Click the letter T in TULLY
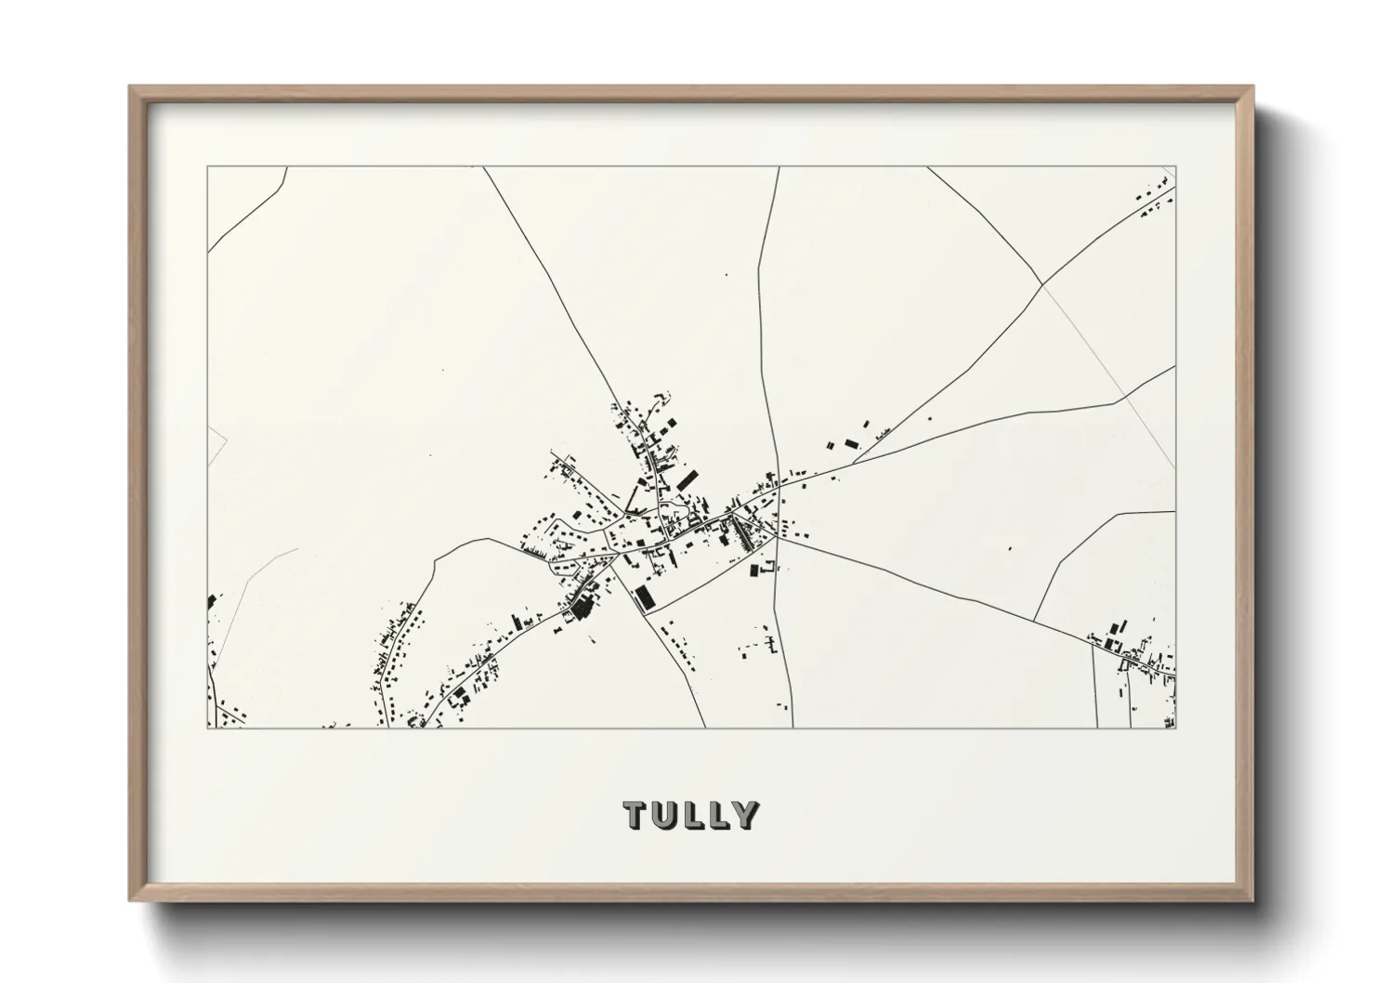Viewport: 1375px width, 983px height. coord(637,815)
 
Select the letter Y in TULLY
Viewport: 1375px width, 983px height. coord(743,815)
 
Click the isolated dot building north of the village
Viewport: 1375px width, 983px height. coord(727,275)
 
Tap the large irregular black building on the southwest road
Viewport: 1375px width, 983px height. coord(583,609)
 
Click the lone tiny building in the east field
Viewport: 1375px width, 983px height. coord(1010,548)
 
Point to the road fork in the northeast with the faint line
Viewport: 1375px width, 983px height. coord(1042,283)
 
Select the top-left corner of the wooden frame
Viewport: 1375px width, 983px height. coord(131,87)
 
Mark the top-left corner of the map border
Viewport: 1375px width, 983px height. coord(207,167)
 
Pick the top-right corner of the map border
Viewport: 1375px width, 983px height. coord(1175,167)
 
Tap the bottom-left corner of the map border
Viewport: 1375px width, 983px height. coord(207,728)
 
